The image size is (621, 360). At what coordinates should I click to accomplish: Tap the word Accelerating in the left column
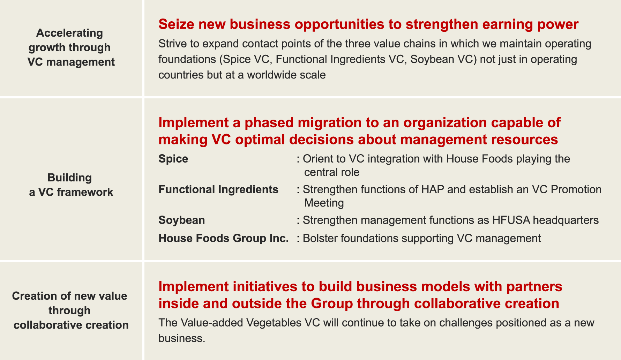(x=70, y=33)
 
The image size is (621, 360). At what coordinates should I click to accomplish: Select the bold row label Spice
(x=173, y=159)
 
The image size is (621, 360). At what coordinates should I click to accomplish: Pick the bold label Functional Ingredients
(x=218, y=189)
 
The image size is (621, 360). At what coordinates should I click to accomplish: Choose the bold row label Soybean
(x=182, y=220)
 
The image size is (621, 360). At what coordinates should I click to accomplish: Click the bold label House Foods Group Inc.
(x=224, y=238)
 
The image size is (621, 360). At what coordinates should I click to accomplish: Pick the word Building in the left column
(x=70, y=178)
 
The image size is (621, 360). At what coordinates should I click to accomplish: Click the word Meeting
(x=324, y=203)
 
